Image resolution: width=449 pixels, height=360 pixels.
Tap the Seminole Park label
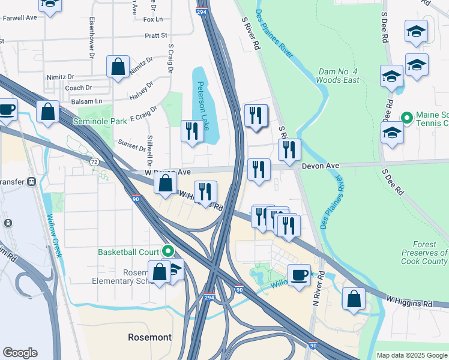click(100, 121)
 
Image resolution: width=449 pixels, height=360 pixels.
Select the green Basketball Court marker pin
click(169, 251)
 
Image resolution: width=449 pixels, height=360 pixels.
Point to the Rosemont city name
click(149, 337)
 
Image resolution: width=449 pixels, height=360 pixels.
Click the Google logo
click(20, 353)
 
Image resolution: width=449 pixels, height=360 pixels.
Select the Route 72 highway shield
click(94, 162)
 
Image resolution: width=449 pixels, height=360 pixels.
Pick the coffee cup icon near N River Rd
click(300, 275)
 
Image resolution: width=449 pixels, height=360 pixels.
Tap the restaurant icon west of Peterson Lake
click(192, 131)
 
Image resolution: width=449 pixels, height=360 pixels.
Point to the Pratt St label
click(155, 36)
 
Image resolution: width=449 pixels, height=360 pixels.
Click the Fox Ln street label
click(154, 19)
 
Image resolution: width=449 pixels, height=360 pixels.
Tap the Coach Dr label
click(79, 88)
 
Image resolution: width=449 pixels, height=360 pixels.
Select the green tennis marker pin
click(406, 116)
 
